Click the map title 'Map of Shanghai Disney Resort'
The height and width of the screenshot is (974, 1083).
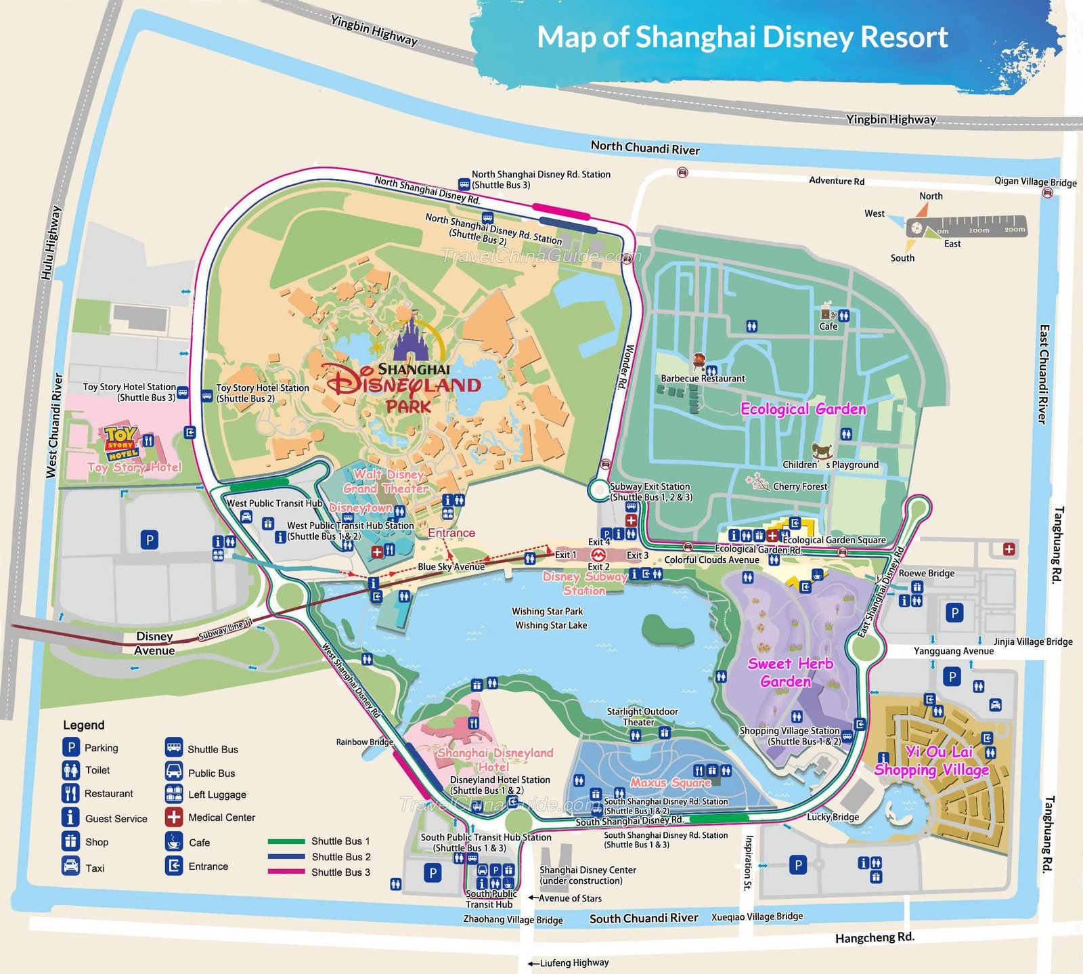(x=742, y=37)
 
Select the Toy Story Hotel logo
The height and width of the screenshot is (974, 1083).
(x=122, y=443)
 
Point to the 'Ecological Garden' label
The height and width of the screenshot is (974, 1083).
(x=803, y=409)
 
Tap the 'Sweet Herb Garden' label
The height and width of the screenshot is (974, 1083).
(x=789, y=673)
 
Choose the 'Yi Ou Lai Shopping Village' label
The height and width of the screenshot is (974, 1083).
(x=932, y=761)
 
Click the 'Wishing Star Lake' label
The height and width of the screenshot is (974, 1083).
(x=551, y=625)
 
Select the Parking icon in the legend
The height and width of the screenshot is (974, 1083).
(x=70, y=747)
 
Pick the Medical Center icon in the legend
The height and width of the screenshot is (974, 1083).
(x=174, y=817)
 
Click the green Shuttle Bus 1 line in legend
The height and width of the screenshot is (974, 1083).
(x=286, y=841)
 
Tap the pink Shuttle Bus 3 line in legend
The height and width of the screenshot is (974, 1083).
(x=286, y=872)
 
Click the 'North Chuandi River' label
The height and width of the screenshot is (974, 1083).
(x=645, y=148)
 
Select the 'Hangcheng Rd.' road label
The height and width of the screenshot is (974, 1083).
(x=875, y=937)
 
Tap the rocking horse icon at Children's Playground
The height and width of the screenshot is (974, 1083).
(x=822, y=450)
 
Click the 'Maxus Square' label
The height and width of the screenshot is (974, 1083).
(x=670, y=782)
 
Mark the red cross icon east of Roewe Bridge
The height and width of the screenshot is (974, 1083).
(x=1009, y=549)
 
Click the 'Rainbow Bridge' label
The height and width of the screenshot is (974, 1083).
(x=364, y=742)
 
